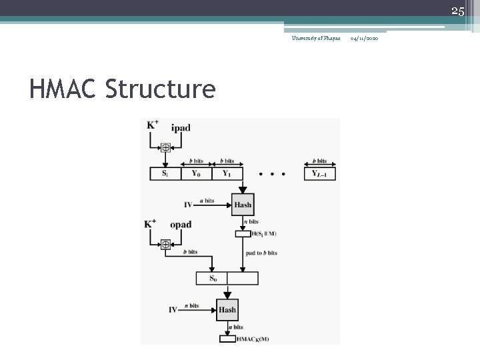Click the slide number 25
click(x=457, y=11)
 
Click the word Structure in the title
click(x=161, y=89)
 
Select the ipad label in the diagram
click(x=181, y=128)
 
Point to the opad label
click(x=181, y=225)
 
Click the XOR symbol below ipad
click(x=165, y=148)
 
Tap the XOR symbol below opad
click(x=165, y=245)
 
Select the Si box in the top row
click(x=165, y=174)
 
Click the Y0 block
click(x=195, y=174)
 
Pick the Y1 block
click(x=227, y=174)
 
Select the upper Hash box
click(x=243, y=205)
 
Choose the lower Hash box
click(x=227, y=309)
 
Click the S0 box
click(x=213, y=278)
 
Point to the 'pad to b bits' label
click(x=261, y=253)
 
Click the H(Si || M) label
click(x=264, y=233)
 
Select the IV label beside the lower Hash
click(x=173, y=309)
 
